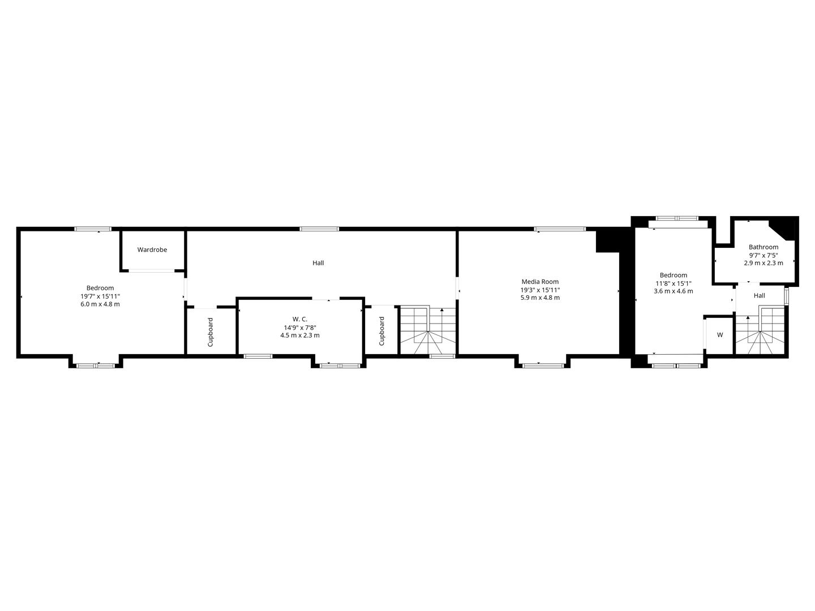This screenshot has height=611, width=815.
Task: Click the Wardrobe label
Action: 152,249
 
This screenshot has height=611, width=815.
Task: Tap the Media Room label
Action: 540,282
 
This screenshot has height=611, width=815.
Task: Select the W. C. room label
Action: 300,319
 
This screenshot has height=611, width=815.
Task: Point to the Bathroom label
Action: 763,247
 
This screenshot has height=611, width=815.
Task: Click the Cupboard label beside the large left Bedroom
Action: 211,332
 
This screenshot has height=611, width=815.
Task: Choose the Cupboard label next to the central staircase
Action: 381,331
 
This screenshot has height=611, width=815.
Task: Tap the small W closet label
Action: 720,335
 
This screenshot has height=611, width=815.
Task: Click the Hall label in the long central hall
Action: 318,263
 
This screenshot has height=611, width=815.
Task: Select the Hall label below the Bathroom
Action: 760,295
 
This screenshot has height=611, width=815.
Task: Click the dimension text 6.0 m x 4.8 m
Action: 100,304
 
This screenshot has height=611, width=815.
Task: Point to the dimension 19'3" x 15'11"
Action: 540,290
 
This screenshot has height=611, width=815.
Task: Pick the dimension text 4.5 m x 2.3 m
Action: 300,335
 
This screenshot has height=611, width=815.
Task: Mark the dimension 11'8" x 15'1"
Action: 674,283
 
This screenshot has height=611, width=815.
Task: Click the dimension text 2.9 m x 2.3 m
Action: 763,263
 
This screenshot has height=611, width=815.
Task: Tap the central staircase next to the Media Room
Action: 428,331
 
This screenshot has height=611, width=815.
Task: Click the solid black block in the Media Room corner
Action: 607,240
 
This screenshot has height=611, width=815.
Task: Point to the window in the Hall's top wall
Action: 319,229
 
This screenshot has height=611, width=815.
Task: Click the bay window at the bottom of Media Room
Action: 543,365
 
